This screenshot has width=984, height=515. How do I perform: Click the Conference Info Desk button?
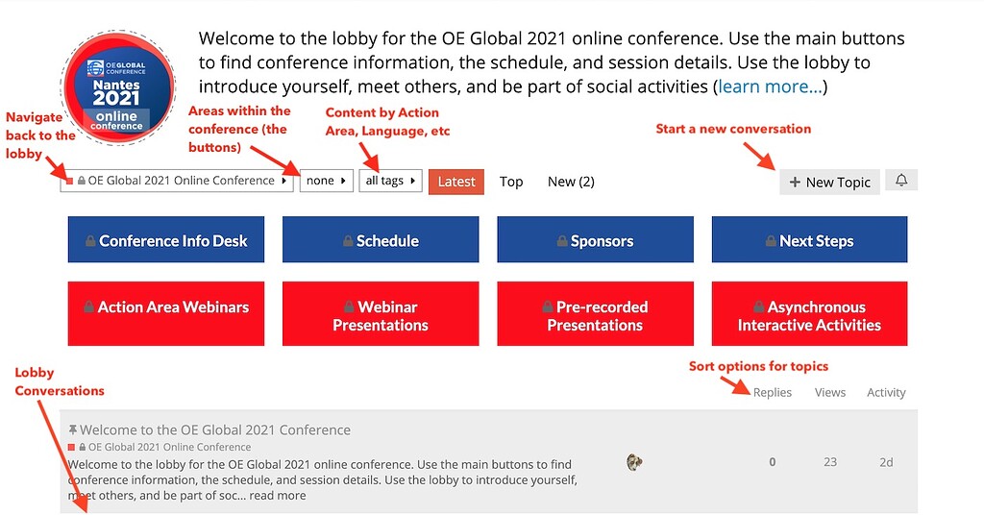(x=165, y=240)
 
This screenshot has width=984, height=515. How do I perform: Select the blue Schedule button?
(x=380, y=240)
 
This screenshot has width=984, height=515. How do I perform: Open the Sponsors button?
(x=595, y=240)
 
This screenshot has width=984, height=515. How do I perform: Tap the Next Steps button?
(x=809, y=240)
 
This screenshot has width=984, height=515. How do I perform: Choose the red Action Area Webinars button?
(x=165, y=314)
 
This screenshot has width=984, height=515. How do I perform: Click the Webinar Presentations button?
(x=380, y=314)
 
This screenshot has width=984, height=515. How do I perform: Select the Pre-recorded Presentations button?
(x=595, y=314)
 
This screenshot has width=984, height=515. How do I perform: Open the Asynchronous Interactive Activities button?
(x=809, y=314)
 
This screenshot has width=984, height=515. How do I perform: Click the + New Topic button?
(x=829, y=182)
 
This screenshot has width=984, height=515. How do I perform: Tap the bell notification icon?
(x=901, y=180)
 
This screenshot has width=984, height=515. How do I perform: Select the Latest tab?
(x=456, y=182)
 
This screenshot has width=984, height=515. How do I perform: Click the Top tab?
(x=511, y=182)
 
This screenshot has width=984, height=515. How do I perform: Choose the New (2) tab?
(x=571, y=182)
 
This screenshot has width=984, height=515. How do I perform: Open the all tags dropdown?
(x=390, y=181)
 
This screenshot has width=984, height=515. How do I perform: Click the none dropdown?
(x=326, y=181)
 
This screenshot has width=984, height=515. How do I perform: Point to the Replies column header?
(x=773, y=392)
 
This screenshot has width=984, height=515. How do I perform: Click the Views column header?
(x=830, y=392)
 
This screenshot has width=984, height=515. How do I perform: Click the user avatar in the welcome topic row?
(x=634, y=462)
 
